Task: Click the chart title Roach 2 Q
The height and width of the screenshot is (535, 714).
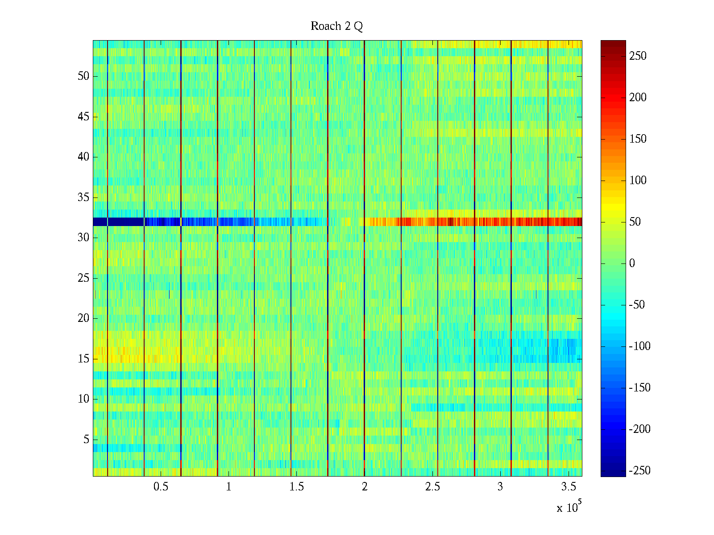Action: point(336,26)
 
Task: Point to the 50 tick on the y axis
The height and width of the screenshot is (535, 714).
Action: point(83,76)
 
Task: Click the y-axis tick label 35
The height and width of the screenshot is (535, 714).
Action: point(83,197)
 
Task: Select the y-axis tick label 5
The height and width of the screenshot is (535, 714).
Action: point(86,440)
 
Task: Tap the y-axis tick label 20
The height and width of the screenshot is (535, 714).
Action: point(83,318)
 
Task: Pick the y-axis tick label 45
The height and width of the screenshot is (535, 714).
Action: point(83,117)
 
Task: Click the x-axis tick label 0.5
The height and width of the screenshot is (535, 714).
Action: point(161,487)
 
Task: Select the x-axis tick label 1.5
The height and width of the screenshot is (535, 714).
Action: point(296,487)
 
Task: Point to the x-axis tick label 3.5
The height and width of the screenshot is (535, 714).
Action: point(568,487)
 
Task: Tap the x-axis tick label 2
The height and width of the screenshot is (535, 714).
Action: point(365,487)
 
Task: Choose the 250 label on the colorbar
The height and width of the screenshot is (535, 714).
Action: point(638,56)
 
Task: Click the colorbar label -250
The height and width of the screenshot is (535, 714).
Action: point(639,471)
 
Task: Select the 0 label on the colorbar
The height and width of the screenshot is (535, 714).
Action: point(632,263)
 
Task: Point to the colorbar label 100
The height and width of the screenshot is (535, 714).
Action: point(638,181)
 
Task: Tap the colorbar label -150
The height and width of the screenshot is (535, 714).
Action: point(639,388)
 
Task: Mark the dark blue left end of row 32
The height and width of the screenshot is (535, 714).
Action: point(100,222)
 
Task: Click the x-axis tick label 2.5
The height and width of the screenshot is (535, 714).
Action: point(432,487)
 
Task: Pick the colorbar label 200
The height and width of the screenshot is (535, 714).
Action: point(638,98)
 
